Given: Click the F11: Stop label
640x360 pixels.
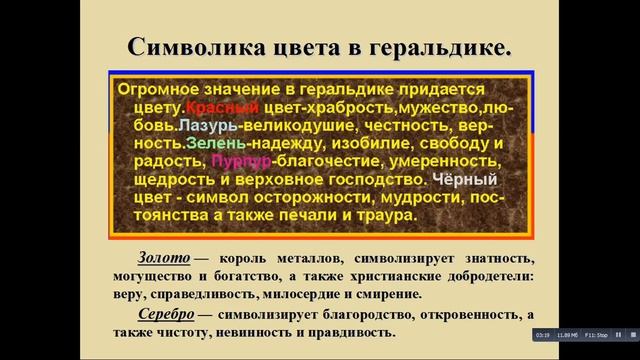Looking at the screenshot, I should point(598,335).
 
